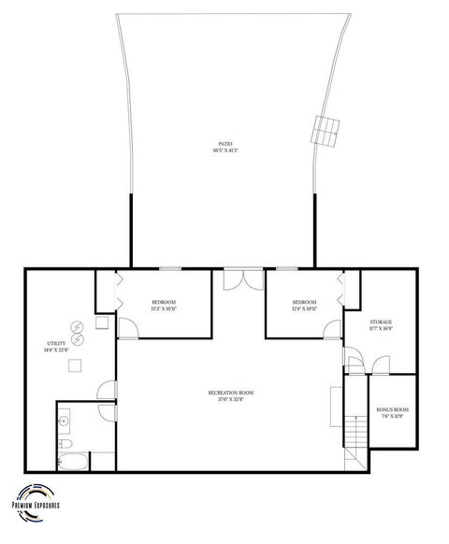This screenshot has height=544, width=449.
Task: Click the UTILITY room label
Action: pos(56,344)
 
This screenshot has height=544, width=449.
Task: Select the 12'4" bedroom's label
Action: pos(304,302)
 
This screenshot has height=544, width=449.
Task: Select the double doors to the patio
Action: pos(243,278)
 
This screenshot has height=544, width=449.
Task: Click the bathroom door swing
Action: pos(108,412)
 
